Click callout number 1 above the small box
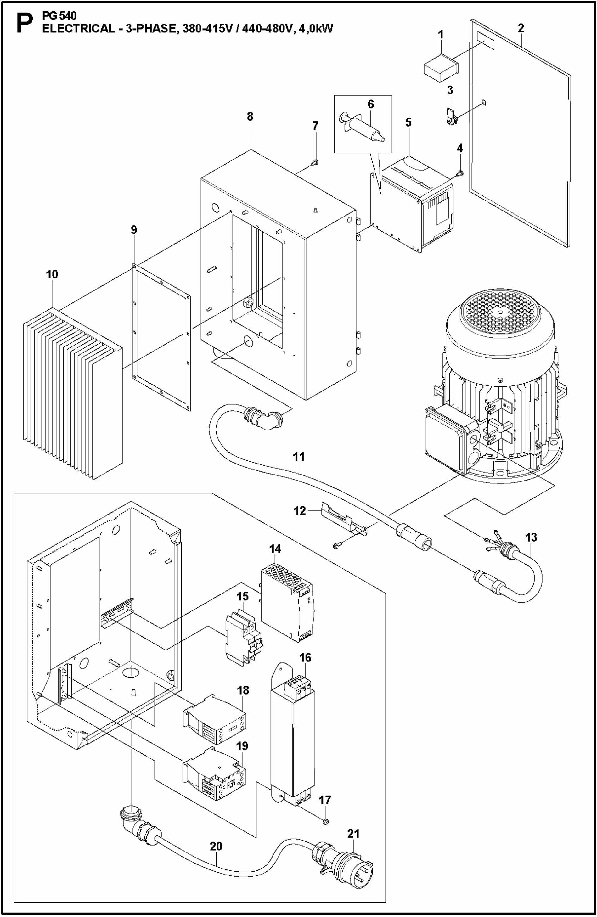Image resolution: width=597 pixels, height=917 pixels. coord(441,35)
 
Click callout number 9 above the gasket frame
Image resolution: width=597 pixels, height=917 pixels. coord(133,230)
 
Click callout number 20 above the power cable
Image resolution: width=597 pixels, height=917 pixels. coord(216,847)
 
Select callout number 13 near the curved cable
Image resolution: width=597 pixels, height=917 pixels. coord(531,537)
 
